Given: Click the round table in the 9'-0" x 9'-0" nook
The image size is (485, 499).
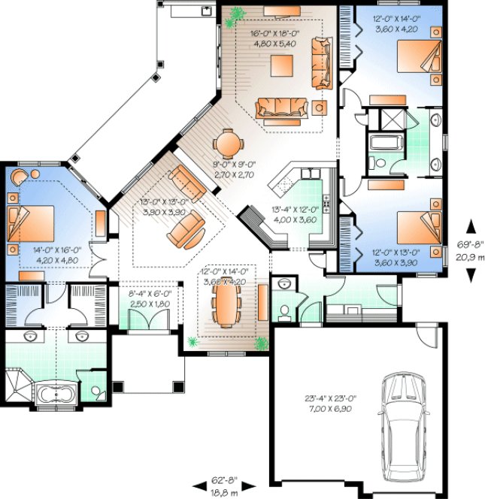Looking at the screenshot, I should [x=228, y=143].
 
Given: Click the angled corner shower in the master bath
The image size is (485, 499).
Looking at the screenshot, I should [x=16, y=384].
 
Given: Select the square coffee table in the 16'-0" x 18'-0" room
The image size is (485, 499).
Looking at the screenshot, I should [x=283, y=66].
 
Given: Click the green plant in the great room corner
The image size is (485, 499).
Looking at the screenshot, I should [x=239, y=13].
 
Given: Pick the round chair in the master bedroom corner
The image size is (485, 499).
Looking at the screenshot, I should [x=18, y=177].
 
